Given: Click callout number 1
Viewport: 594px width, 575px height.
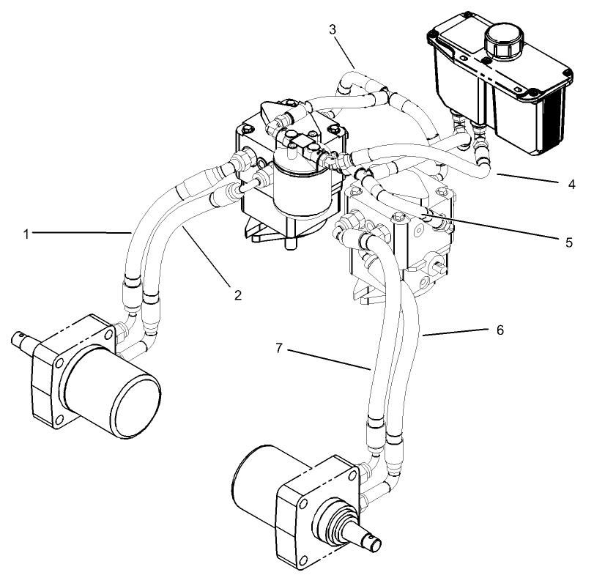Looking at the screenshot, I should (26, 234).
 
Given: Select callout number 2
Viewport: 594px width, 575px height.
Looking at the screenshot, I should (237, 295).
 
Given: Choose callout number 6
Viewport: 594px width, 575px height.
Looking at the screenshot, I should (500, 331).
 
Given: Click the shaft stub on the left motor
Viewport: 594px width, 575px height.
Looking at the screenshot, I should (23, 341).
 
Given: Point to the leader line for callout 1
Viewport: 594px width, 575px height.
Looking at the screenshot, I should (81, 233).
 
